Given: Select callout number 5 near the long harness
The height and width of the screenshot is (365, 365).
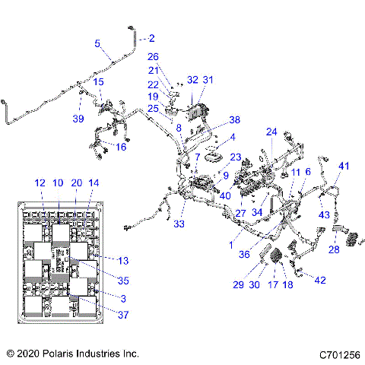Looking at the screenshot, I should [97, 43].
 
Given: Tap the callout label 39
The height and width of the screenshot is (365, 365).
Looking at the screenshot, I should [77, 119].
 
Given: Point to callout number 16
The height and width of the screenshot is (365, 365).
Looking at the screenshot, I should [121, 146].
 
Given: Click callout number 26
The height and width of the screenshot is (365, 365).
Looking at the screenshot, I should [153, 56].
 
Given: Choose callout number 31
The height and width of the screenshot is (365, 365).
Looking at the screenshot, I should [208, 80].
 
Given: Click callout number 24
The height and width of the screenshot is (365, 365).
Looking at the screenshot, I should [271, 132].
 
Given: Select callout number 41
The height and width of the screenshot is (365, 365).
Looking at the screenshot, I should [344, 166].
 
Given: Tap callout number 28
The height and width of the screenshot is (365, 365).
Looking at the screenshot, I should [334, 249].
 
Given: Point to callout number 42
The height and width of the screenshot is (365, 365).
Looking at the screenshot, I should [320, 281].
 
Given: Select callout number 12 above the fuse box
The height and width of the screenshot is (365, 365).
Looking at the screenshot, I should [40, 182].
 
